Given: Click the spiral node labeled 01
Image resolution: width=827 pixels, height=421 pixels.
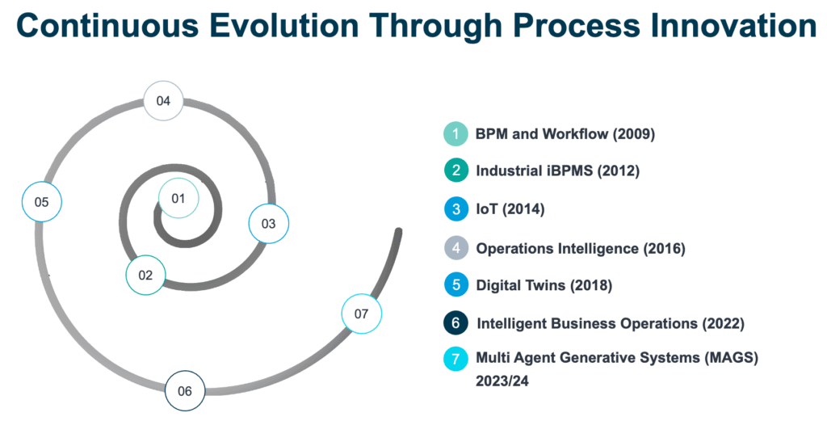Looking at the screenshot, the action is pyautogui.click(x=178, y=198).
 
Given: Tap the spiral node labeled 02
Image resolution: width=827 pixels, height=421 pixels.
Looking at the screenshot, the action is pyautogui.click(x=145, y=275).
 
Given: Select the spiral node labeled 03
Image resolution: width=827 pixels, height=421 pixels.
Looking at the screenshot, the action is pyautogui.click(x=269, y=224).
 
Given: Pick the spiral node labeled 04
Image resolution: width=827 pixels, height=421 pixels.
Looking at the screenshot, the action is pyautogui.click(x=163, y=101).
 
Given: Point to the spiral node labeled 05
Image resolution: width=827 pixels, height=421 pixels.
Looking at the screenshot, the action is pyautogui.click(x=42, y=201).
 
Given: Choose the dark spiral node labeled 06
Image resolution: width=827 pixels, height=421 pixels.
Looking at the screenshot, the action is pyautogui.click(x=185, y=391).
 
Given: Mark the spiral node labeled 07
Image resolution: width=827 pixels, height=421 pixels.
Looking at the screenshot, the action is pyautogui.click(x=361, y=314).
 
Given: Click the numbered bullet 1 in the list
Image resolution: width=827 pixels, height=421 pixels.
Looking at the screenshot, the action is pyautogui.click(x=455, y=134).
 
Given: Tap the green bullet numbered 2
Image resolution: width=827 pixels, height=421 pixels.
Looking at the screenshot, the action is pyautogui.click(x=455, y=171).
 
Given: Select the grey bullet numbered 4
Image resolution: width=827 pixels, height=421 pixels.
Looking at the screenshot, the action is pyautogui.click(x=455, y=248).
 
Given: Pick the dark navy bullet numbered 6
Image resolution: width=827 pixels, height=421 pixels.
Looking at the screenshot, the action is pyautogui.click(x=455, y=322).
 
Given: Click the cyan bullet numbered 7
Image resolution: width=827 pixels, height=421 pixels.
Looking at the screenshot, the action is pyautogui.click(x=455, y=359).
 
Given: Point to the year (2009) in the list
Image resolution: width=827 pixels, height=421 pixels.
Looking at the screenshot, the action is pyautogui.click(x=633, y=134).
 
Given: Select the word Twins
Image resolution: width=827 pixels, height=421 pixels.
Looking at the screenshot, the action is pyautogui.click(x=538, y=285).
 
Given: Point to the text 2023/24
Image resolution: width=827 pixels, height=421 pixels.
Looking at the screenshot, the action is pyautogui.click(x=502, y=381).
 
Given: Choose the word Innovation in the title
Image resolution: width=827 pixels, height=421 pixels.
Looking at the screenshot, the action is pyautogui.click(x=724, y=25).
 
